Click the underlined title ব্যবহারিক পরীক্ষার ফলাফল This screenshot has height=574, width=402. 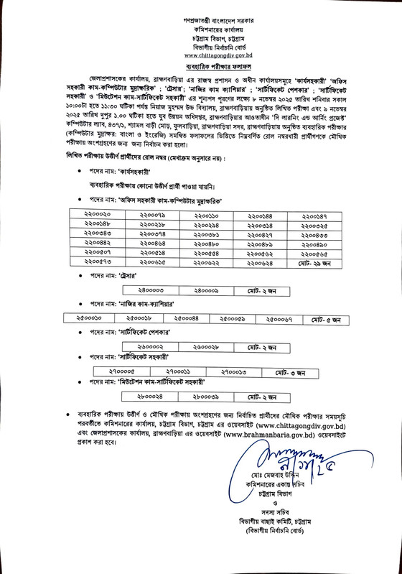click(200, 65)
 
